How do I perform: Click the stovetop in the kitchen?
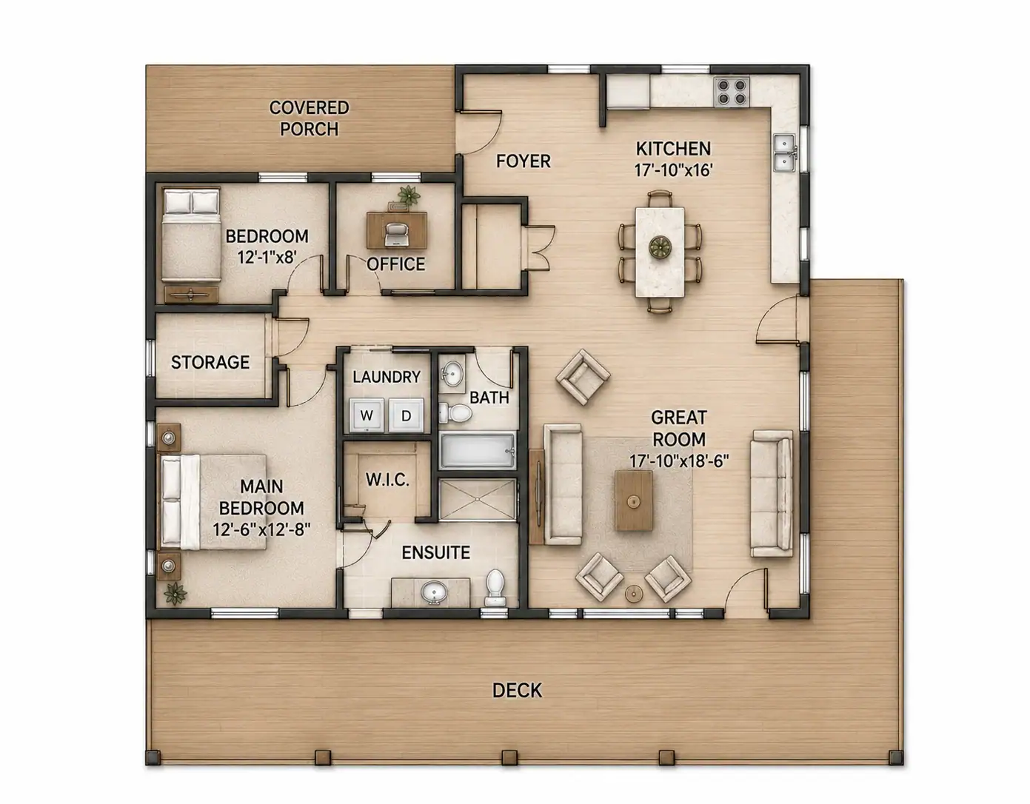point(732,92)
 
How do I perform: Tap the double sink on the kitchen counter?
point(786,153)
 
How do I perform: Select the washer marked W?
point(367,415)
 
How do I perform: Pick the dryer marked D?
point(407,415)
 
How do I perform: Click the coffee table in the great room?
point(633,500)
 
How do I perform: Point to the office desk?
point(397,230)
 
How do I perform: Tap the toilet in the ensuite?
point(495,589)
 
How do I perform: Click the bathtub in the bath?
point(478,450)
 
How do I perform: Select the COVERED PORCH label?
point(309,118)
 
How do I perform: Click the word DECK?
point(517,690)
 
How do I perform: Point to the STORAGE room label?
point(210,363)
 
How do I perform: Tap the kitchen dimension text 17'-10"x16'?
point(674,170)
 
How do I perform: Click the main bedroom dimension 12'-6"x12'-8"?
point(261,529)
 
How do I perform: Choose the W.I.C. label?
point(387,480)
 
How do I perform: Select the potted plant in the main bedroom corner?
point(175,594)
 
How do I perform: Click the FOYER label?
point(524,161)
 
